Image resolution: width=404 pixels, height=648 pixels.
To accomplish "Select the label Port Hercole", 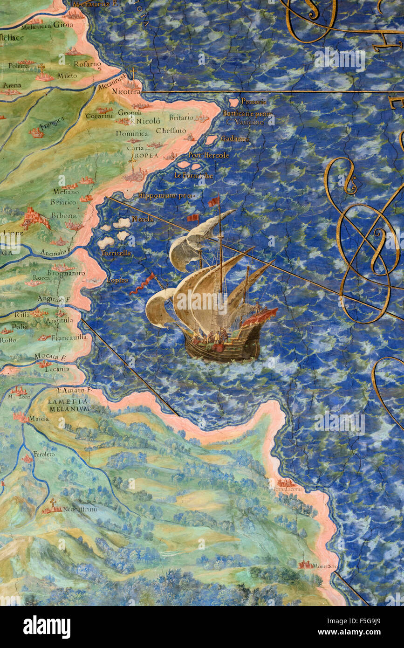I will [208, 155].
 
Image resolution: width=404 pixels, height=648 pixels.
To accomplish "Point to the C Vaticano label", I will [245, 122].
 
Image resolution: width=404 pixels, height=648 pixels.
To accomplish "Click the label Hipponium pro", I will [166, 196].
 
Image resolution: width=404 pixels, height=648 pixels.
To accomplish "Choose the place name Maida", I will [39, 419].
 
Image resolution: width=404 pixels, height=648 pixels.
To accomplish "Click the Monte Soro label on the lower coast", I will [325, 566].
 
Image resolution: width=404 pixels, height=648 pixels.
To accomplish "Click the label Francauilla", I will [69, 338].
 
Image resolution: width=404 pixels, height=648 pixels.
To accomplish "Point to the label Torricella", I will [116, 253].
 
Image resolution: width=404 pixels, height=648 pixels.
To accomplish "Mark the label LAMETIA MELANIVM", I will [68, 405].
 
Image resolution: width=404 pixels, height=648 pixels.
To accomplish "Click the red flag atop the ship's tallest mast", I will [214, 201].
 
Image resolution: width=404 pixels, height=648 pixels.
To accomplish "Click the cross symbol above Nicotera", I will [133, 74].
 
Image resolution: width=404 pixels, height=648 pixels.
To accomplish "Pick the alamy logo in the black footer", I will [47, 627].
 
